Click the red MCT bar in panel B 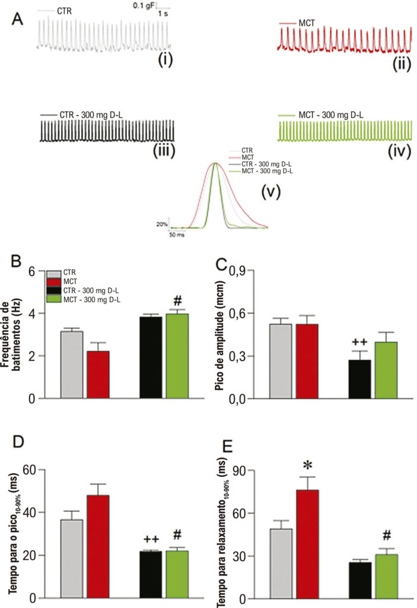click(x=98, y=375)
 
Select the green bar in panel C click(x=386, y=370)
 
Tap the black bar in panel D click(x=151, y=575)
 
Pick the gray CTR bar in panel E click(x=281, y=563)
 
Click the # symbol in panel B click(x=177, y=300)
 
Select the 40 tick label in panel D click(x=30, y=512)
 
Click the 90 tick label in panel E click(x=240, y=470)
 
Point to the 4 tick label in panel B click(x=31, y=313)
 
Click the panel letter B click(x=16, y=261)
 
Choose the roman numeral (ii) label click(x=402, y=63)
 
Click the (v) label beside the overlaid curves click(x=270, y=191)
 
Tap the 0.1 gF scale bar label click(x=144, y=6)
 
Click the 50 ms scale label click(x=177, y=235)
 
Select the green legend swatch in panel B click(x=54, y=299)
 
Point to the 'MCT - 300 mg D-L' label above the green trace click(x=331, y=115)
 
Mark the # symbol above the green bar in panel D click(x=177, y=535)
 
